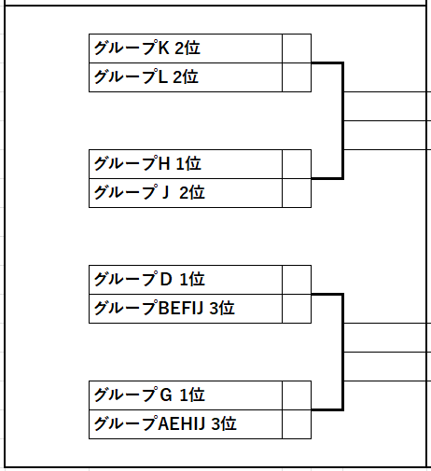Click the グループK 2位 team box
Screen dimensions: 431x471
click(186, 48)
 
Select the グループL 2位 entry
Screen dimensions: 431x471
click(186, 77)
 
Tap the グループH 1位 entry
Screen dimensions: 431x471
click(186, 164)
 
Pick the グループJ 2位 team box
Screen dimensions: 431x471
click(186, 193)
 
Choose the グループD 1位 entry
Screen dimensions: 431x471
click(186, 280)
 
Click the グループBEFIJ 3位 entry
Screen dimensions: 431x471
click(186, 309)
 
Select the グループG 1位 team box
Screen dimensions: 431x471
click(186, 395)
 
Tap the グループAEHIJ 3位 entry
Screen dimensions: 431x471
click(186, 424)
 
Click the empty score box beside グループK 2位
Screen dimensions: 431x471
click(297, 48)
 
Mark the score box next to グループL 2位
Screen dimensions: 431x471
click(297, 77)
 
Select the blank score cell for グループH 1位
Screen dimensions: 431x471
click(297, 164)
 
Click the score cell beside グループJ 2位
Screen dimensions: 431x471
click(297, 193)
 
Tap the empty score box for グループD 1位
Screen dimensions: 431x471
click(297, 280)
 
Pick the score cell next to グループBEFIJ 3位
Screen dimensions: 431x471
click(297, 309)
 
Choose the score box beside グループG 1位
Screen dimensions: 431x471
click(297, 395)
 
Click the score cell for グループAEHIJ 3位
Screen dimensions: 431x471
click(297, 424)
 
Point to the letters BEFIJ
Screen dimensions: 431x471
click(181, 308)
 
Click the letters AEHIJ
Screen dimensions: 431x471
click(182, 423)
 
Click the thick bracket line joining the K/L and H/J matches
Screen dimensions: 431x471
click(342, 120)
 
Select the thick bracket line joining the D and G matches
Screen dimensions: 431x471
click(342, 352)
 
